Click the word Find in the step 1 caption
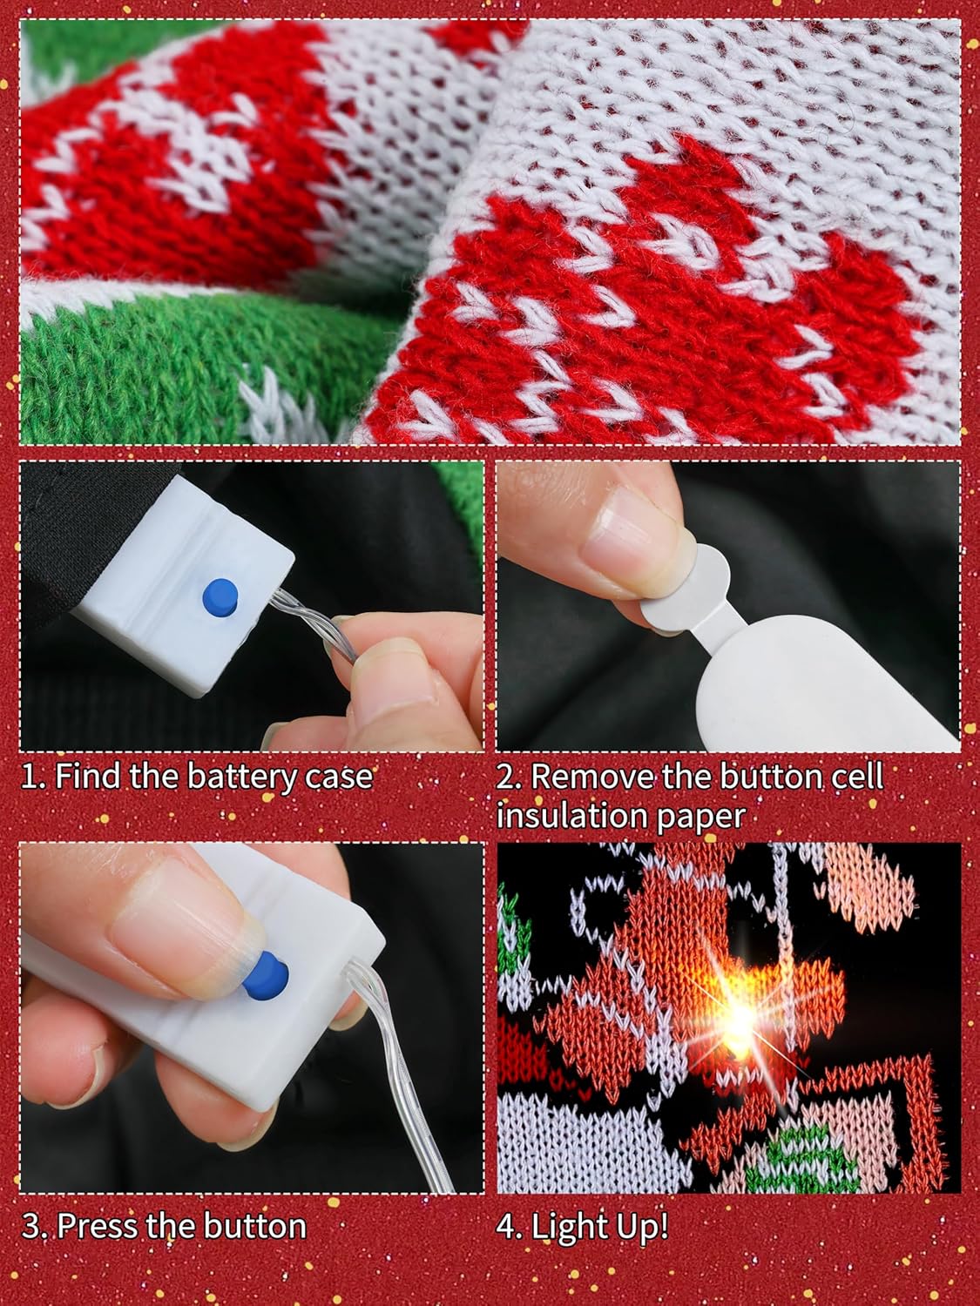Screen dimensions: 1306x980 point(88,775)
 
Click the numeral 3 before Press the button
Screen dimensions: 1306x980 point(31,1226)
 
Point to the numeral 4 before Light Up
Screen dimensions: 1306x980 point(506,1226)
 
